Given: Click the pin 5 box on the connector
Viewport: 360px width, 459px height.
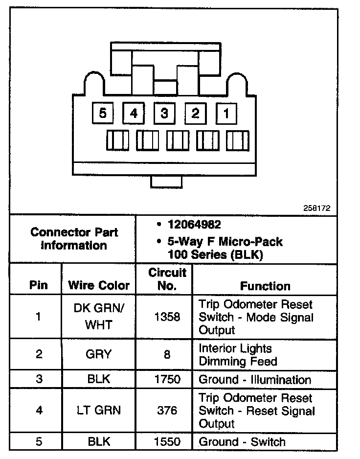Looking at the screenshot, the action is click(x=103, y=114).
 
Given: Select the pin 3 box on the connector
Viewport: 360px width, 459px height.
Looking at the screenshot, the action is click(x=164, y=114).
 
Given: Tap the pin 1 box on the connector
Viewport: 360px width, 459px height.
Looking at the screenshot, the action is click(x=226, y=114).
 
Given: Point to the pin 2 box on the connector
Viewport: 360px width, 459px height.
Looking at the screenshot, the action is click(x=195, y=114).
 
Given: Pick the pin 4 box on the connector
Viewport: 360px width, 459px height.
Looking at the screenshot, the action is click(x=134, y=114).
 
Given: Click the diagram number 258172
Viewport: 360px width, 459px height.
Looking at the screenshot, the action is click(x=317, y=207).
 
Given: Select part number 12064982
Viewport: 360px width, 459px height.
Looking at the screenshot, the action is click(x=194, y=225).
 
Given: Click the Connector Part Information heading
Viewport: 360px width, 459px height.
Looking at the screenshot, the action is click(x=74, y=239).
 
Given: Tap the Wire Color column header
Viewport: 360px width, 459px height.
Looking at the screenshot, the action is click(x=99, y=285).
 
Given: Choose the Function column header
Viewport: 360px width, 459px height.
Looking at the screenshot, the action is click(x=265, y=286).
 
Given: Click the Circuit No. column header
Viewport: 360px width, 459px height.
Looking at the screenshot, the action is click(x=167, y=279).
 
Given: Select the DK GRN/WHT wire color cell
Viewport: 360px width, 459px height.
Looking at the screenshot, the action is click(x=99, y=317).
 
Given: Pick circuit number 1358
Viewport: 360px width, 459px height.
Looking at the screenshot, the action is click(x=167, y=317).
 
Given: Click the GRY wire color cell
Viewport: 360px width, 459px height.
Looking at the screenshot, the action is click(x=99, y=354).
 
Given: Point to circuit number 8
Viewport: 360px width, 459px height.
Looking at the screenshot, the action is click(x=167, y=354).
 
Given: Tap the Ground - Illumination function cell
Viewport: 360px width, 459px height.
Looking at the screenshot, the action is click(x=254, y=379).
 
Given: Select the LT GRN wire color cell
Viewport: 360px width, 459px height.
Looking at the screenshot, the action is click(x=99, y=411).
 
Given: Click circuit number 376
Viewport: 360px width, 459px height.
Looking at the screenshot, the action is click(x=167, y=411).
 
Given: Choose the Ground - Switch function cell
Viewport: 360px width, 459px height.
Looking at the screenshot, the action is click(x=242, y=441).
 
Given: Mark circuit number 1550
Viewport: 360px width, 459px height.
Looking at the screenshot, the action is click(x=167, y=441).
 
